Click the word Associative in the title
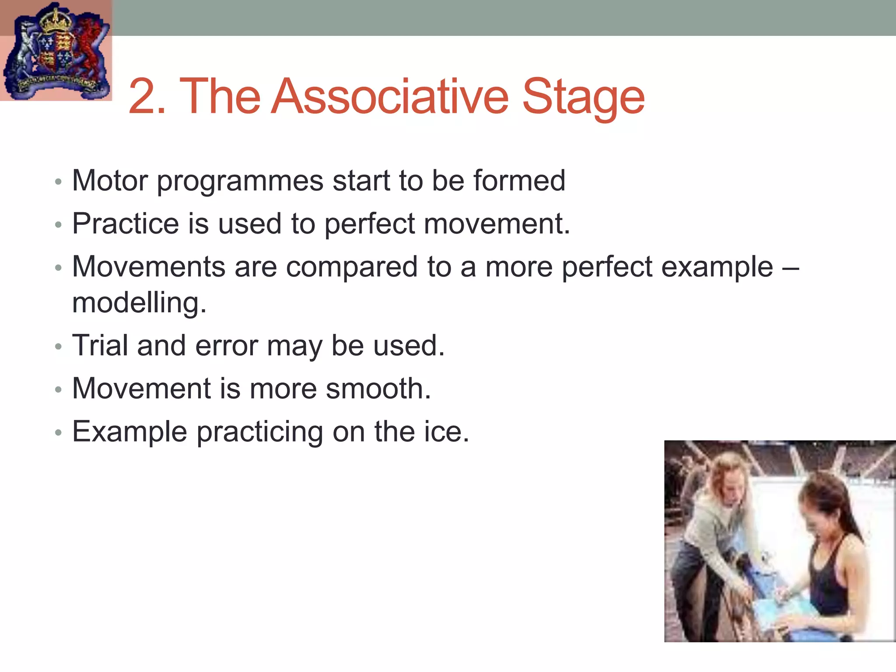click(x=389, y=97)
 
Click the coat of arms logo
click(x=56, y=50)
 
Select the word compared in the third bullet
click(x=352, y=267)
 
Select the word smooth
click(x=378, y=388)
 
